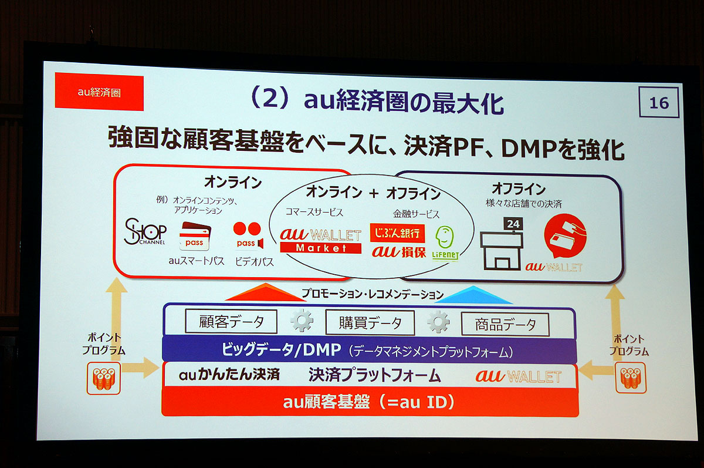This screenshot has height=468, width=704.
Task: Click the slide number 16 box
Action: click(659, 103)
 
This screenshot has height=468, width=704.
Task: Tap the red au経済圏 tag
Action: click(99, 92)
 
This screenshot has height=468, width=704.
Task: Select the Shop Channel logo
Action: click(145, 232)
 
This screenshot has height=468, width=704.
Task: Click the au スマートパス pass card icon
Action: click(195, 236)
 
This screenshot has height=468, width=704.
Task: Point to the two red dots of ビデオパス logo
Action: click(247, 228)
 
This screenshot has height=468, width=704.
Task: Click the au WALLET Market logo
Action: click(320, 241)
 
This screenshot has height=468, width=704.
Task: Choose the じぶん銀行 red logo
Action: click(397, 233)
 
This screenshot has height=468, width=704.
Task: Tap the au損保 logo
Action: click(399, 252)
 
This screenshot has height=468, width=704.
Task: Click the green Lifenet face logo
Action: click(445, 243)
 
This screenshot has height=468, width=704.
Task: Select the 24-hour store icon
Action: click(502, 244)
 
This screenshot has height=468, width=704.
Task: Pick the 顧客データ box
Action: click(231, 321)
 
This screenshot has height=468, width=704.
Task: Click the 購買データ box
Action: click(370, 322)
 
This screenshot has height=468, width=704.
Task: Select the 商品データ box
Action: click(505, 324)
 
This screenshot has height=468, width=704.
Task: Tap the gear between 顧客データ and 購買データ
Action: click(302, 321)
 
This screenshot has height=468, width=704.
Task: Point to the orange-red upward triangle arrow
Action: click(266, 293)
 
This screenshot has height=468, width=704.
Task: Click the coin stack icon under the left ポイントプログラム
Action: click(104, 378)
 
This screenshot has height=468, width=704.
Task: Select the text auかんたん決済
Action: click(229, 375)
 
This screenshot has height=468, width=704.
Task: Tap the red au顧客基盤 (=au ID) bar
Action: click(370, 402)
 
